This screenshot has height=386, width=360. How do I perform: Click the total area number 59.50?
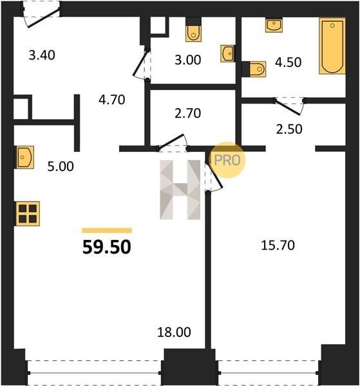[x=107, y=247]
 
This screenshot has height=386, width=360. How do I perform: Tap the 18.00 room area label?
[x=174, y=332]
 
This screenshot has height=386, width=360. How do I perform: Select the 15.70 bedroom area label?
[x=278, y=245]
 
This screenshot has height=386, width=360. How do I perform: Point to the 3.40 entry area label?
[x=42, y=55]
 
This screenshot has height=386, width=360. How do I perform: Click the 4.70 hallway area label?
[x=112, y=100]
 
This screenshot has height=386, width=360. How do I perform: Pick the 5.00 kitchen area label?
[x=61, y=167]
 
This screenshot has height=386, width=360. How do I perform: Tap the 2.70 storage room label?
[x=188, y=113]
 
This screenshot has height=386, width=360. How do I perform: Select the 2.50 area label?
[x=289, y=129]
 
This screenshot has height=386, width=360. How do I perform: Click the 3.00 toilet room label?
[x=188, y=60]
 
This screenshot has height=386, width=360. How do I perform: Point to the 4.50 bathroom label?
[x=288, y=62]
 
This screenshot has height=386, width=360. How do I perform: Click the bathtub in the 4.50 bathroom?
[x=332, y=46]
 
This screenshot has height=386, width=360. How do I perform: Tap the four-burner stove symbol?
[x=28, y=214]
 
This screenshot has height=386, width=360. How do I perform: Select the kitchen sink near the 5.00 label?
[x=24, y=157]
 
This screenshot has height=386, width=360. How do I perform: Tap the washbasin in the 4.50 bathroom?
[x=274, y=26]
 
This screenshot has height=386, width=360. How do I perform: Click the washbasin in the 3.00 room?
[x=228, y=53]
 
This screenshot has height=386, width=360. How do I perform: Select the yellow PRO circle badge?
[x=227, y=160]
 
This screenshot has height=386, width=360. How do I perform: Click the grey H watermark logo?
[x=180, y=190]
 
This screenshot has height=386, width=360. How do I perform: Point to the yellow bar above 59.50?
[x=107, y=230]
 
